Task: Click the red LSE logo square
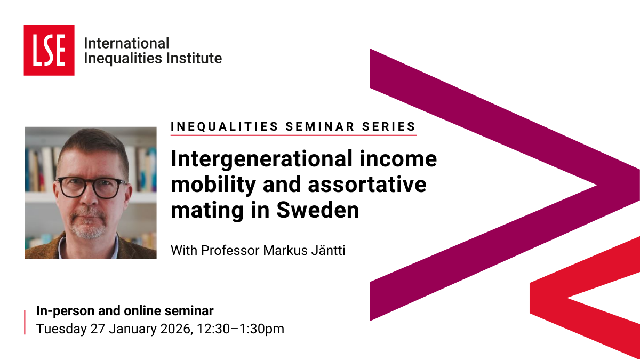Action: [49, 50]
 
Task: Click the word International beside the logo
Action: [126, 43]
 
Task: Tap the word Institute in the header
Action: [194, 58]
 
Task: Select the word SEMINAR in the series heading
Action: [319, 126]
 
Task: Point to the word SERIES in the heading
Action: [389, 126]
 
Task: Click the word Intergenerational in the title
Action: [261, 159]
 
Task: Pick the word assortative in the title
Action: [367, 185]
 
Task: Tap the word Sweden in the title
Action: [317, 210]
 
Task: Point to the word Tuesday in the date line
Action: [61, 329]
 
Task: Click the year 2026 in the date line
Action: [175, 329]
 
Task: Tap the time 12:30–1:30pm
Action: [241, 329]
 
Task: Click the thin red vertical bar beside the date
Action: [25, 322]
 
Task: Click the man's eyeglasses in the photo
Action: [91, 187]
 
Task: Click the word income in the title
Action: [398, 159]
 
